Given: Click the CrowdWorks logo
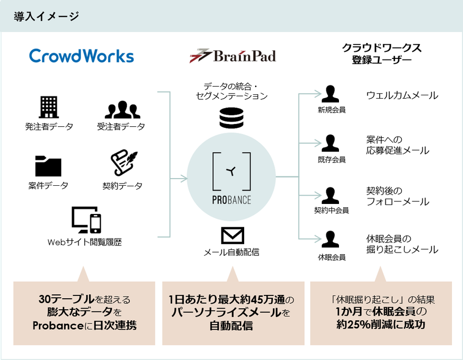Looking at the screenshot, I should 81,56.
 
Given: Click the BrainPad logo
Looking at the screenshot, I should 232,56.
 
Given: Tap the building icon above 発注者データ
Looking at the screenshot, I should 49,107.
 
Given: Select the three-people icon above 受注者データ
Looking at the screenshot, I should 122,109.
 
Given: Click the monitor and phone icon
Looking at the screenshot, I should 87,220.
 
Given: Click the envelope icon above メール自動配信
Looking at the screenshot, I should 232,235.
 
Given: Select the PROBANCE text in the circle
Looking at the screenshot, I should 232,200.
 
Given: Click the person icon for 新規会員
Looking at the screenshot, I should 330,94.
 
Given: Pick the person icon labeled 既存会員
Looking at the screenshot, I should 330,143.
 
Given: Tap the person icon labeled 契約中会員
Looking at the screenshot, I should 330,195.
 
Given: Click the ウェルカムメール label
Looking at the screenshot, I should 402,96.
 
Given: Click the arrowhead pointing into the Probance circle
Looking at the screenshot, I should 184,178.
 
